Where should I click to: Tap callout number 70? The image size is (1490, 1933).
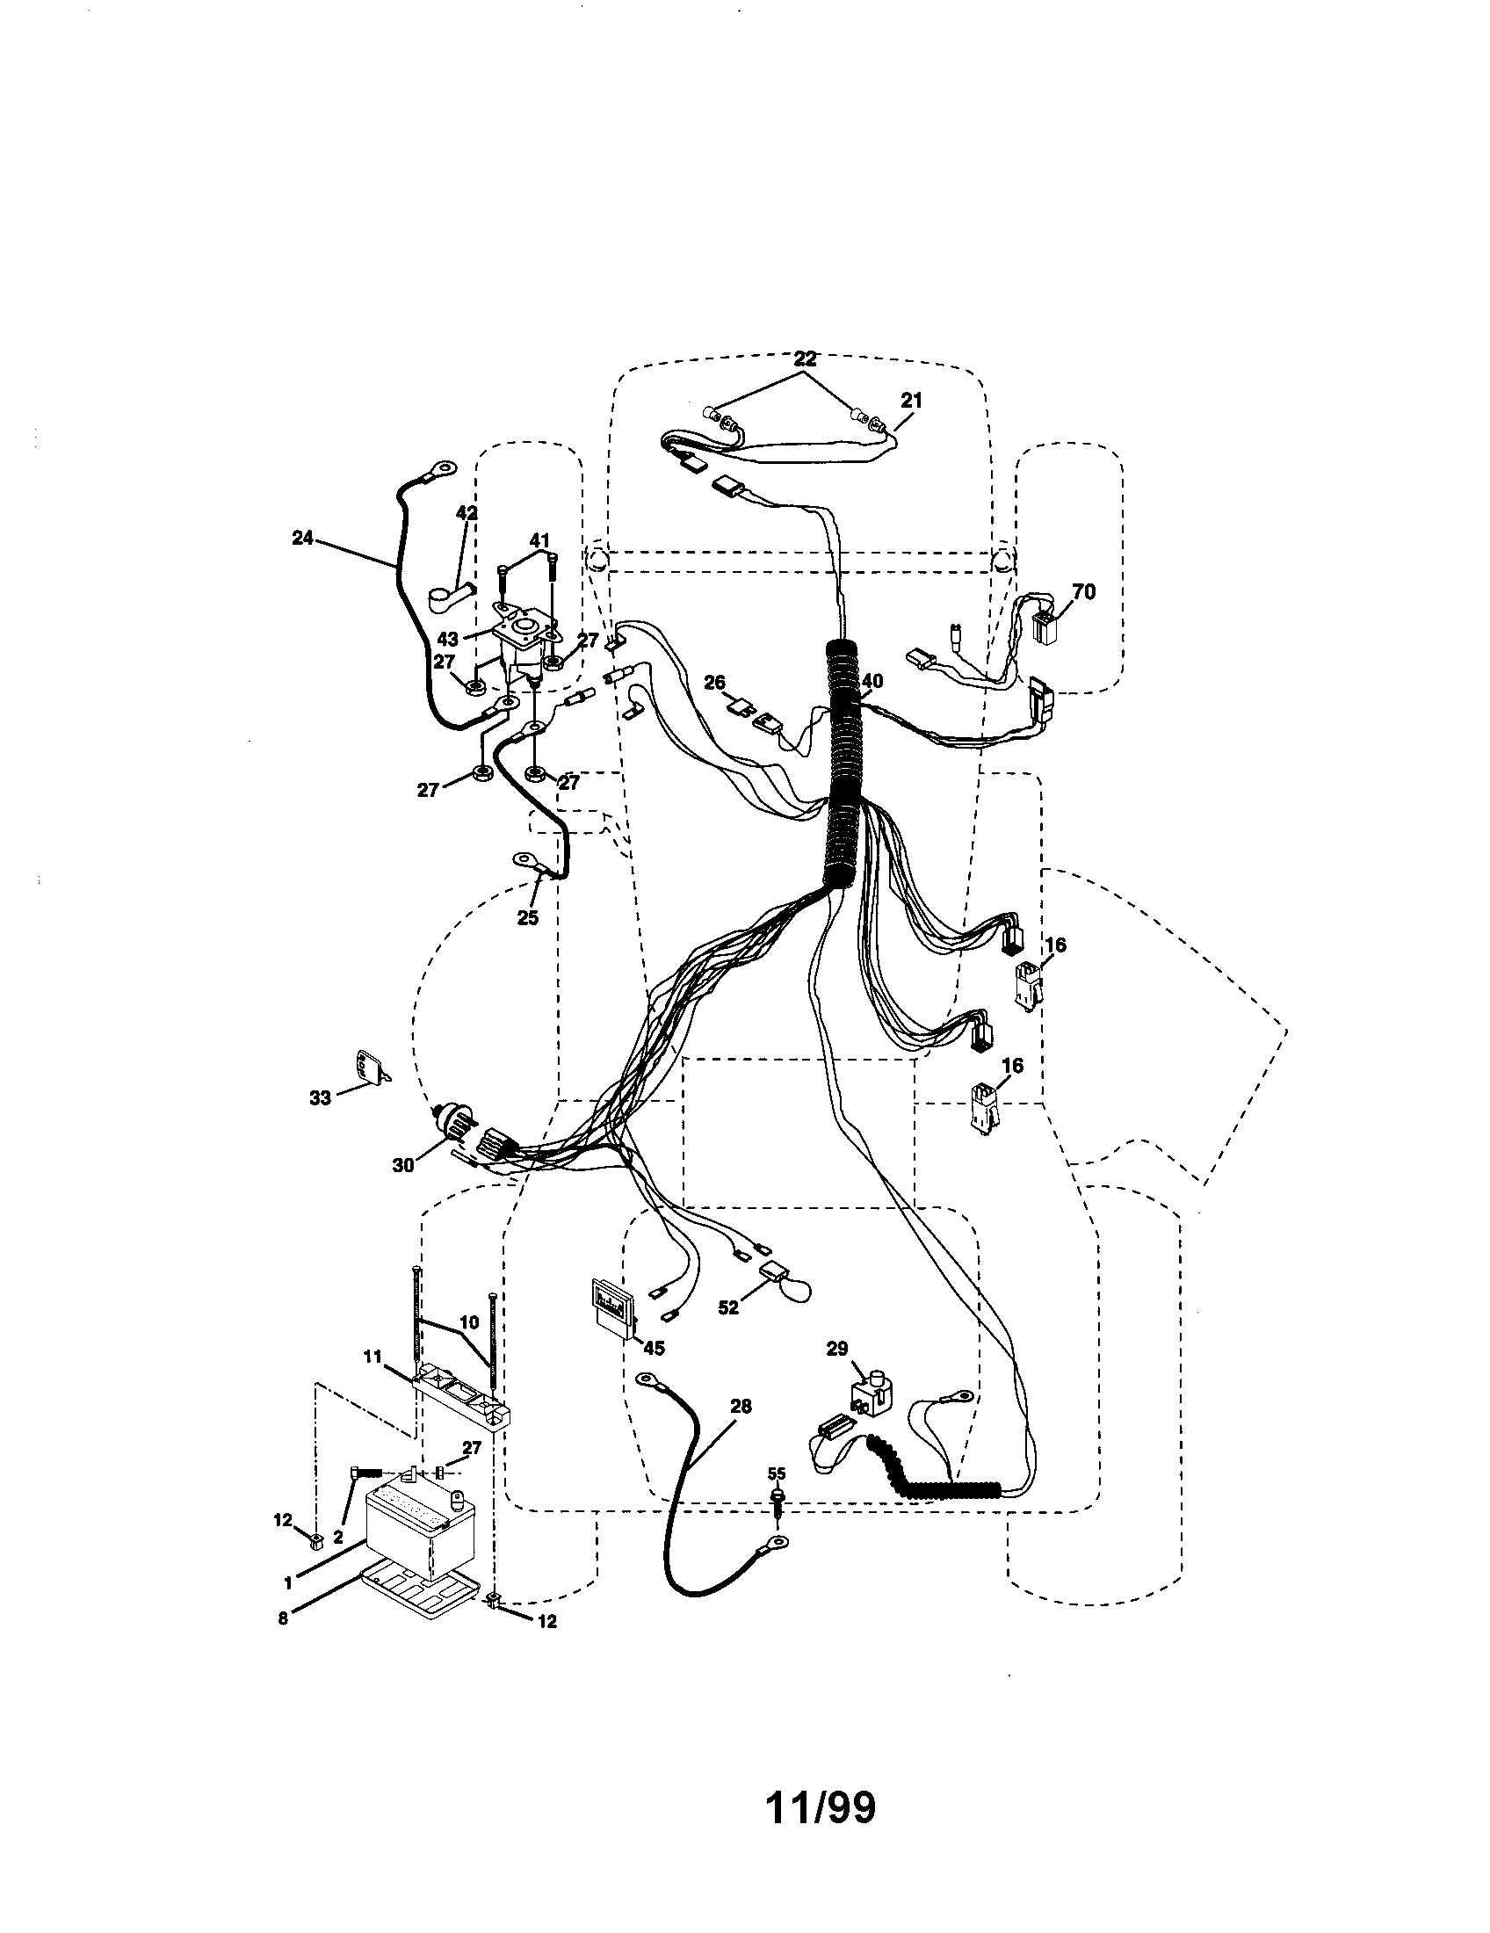1082,592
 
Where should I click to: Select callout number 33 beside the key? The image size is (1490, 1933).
321,1097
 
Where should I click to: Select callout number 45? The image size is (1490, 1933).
654,1348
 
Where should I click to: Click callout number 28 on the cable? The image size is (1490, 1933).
741,1406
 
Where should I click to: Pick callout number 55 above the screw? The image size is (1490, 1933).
776,1473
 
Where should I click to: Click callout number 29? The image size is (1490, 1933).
837,1348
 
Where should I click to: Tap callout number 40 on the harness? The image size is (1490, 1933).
873,681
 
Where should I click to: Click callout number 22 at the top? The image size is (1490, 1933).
805,359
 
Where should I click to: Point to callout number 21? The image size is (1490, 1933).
911,400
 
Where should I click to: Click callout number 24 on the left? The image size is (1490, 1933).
302,536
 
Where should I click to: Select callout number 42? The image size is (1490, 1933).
467,512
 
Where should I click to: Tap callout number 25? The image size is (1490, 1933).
527,918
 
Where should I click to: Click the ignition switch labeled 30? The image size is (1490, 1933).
456,1125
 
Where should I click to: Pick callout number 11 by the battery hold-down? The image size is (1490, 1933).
372,1356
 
